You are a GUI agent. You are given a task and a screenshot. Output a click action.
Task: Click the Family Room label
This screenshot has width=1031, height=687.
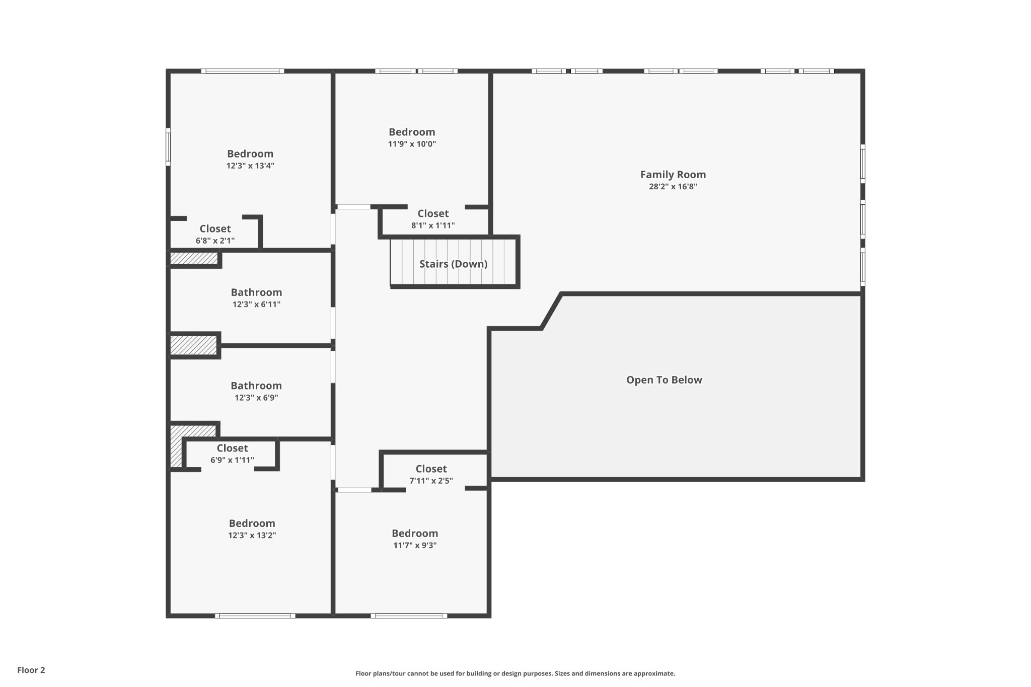673,175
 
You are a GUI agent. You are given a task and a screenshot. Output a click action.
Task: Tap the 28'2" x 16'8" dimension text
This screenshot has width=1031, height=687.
673,187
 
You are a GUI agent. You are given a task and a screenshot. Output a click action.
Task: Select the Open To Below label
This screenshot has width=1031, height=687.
664,380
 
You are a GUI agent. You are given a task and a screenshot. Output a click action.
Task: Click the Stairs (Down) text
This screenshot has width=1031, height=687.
454,264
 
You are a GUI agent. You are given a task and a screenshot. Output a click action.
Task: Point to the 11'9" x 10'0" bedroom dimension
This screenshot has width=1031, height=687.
412,144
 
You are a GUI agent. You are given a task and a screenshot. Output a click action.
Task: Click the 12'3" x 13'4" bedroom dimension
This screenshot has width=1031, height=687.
250,166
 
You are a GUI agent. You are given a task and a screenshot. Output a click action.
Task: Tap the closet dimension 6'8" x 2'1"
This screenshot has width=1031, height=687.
215,241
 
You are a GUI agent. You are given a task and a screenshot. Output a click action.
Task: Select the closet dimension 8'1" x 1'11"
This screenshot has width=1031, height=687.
433,225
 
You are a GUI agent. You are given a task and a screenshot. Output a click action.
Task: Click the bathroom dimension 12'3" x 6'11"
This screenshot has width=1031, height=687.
256,304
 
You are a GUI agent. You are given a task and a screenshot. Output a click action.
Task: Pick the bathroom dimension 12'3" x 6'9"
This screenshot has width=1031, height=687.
256,398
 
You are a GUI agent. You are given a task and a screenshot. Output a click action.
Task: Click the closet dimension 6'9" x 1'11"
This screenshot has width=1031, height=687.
232,460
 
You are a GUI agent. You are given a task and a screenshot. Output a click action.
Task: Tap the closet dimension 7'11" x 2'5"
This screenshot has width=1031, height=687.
431,481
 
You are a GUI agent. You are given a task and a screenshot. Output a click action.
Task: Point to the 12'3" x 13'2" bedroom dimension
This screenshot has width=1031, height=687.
252,536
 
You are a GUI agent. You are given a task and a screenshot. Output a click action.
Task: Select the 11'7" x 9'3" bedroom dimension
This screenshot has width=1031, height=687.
415,546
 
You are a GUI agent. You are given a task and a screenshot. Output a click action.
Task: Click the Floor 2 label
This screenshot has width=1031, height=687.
31,670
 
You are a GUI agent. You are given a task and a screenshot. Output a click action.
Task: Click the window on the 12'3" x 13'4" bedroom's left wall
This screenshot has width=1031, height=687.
168,147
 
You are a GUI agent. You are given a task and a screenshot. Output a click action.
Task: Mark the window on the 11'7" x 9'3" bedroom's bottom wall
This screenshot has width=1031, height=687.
409,616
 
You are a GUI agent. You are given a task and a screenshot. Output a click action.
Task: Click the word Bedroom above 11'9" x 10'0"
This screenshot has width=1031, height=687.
412,132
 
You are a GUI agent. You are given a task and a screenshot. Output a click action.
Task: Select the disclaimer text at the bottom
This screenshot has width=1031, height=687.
515,673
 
